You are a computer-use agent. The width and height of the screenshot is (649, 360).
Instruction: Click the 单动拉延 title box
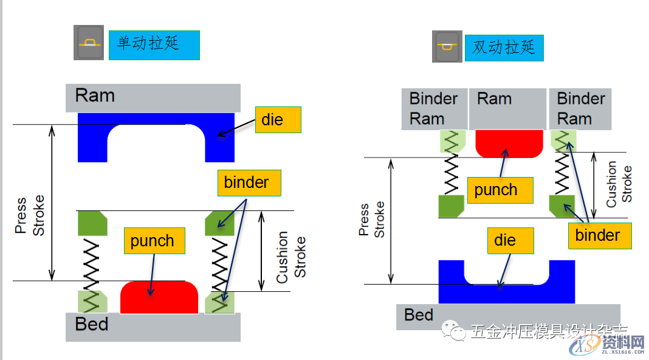click(x=154, y=45)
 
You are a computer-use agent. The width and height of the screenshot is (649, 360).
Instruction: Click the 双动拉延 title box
click(x=504, y=48)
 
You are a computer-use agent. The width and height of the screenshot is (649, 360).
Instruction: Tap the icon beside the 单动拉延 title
click(x=89, y=43)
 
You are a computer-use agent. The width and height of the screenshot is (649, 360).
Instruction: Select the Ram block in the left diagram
click(x=153, y=97)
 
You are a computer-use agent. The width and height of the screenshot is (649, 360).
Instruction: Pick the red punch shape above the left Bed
click(x=159, y=298)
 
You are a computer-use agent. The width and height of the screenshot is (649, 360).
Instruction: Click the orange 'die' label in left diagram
click(x=278, y=120)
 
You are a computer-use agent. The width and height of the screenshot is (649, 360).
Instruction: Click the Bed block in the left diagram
click(x=153, y=327)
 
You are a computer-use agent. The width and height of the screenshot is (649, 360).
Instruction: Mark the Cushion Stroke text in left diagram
click(x=291, y=257)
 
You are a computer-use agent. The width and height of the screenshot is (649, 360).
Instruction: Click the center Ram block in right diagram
click(x=507, y=108)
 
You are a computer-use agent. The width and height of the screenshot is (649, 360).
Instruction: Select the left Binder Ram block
click(x=434, y=108)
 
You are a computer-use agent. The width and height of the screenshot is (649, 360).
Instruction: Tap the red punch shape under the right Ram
click(x=509, y=142)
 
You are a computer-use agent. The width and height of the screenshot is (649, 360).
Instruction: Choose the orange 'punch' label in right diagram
click(x=500, y=190)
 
